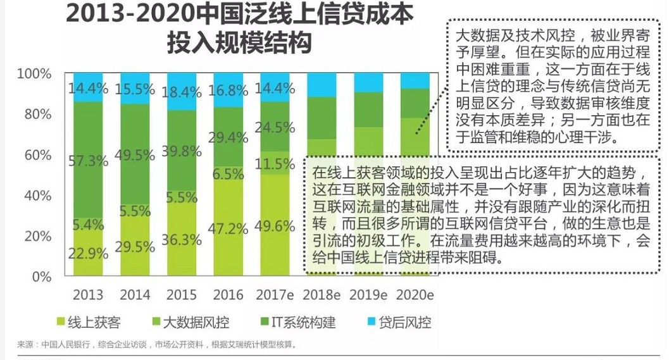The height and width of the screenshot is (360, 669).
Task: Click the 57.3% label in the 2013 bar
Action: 88,160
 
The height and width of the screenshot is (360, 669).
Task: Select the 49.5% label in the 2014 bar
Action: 135,154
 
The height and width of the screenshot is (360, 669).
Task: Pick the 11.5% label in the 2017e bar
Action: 275,164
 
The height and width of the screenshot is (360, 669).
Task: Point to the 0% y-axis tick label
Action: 42,276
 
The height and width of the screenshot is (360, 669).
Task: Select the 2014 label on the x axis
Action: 135,295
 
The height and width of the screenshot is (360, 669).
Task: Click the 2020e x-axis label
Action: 415,295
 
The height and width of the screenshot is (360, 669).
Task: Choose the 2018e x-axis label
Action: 322,295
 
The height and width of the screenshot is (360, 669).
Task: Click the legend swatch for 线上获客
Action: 61,323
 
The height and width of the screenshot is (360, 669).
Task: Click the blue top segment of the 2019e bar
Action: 368,82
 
